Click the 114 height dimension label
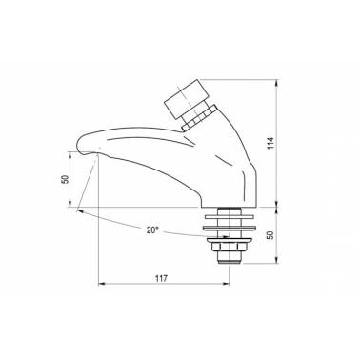(x=270, y=144)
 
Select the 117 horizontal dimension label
(x=161, y=279)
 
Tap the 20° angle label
(x=152, y=230)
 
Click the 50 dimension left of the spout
(x=65, y=180)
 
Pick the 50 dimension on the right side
(x=270, y=235)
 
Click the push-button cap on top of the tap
(x=187, y=98)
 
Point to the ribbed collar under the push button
(x=199, y=117)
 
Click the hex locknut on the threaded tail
(x=228, y=247)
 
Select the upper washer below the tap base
(x=230, y=217)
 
